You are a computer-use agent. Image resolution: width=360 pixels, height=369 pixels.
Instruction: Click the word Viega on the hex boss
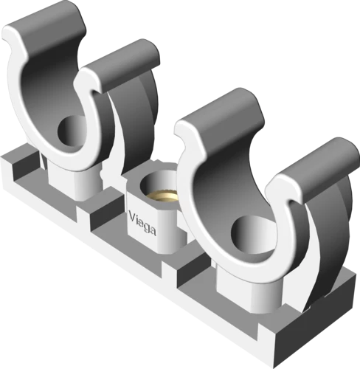click(x=142, y=224)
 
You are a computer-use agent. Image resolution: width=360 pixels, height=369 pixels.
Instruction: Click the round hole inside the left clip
click(x=72, y=130)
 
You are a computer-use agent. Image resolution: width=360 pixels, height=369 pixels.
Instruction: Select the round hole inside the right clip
click(x=253, y=233)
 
